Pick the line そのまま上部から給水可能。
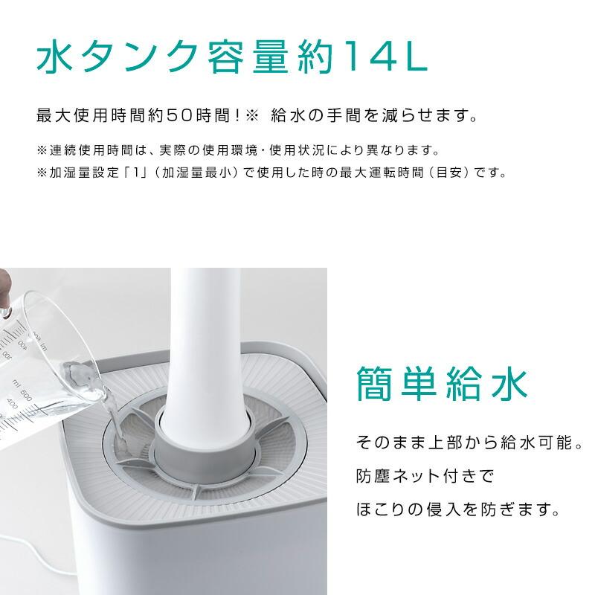[x=469, y=443]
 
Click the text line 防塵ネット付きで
[x=424, y=477]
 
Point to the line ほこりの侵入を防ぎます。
[x=457, y=511]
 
